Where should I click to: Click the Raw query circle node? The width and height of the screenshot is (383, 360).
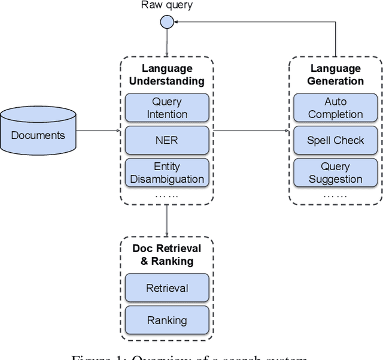tap(167, 22)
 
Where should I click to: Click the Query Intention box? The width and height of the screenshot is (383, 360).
tap(166, 108)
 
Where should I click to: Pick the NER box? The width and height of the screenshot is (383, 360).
tap(166, 141)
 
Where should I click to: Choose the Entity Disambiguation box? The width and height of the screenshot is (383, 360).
tap(166, 173)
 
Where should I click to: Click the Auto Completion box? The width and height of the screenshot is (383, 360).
tap(335, 108)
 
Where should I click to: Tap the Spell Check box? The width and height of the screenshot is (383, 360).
tap(335, 140)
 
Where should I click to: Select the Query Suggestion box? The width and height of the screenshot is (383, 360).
tap(335, 173)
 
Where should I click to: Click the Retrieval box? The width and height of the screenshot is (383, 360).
tap(166, 288)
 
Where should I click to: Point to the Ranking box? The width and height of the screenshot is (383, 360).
tap(166, 320)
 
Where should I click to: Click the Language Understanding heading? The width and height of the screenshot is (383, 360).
tap(166, 75)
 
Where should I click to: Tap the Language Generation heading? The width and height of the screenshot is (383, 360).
tap(335, 75)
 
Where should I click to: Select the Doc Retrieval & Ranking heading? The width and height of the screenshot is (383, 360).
tap(166, 255)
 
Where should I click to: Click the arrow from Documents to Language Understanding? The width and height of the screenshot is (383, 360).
tap(99, 131)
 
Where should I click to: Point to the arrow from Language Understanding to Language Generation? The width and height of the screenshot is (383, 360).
tap(251, 131)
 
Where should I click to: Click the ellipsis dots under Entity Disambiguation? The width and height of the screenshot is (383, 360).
tap(166, 195)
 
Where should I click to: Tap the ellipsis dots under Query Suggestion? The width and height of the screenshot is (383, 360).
tap(335, 195)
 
